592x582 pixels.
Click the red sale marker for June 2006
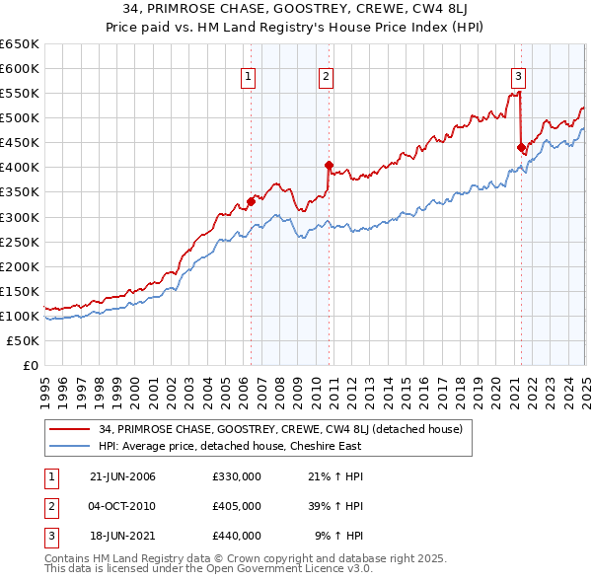[x=251, y=201]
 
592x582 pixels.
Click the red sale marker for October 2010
[x=329, y=165]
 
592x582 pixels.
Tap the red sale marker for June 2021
[x=521, y=147]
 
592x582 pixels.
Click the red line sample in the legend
[x=71, y=429]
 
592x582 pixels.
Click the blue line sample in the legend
[x=71, y=446]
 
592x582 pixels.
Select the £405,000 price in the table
[x=237, y=506]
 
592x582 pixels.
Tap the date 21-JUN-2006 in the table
[x=122, y=476]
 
